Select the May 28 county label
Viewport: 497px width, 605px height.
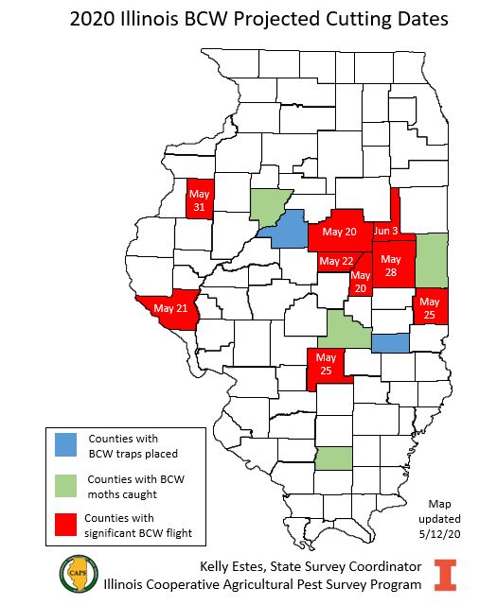click(391, 265)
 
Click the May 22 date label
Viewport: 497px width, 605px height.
click(336, 261)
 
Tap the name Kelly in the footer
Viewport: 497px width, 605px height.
click(219, 565)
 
